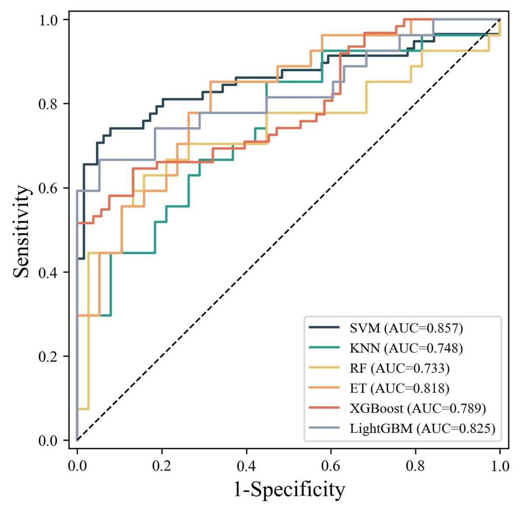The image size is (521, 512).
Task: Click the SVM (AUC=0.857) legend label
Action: click(406, 328)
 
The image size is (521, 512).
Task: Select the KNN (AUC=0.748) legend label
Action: click(406, 348)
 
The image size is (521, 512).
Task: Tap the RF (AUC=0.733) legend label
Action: click(400, 368)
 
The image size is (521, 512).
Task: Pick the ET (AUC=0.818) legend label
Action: click(400, 388)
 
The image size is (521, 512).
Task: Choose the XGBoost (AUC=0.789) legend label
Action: click(418, 408)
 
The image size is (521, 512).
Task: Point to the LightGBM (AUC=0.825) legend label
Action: click(423, 429)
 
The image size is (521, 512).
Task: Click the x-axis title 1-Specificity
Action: click(289, 489)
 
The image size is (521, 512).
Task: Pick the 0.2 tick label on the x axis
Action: click(162, 466)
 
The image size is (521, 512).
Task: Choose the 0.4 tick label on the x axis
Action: click(246, 466)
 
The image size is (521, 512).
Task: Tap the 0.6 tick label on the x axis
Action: click(331, 466)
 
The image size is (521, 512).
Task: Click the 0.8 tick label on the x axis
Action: click(415, 466)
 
